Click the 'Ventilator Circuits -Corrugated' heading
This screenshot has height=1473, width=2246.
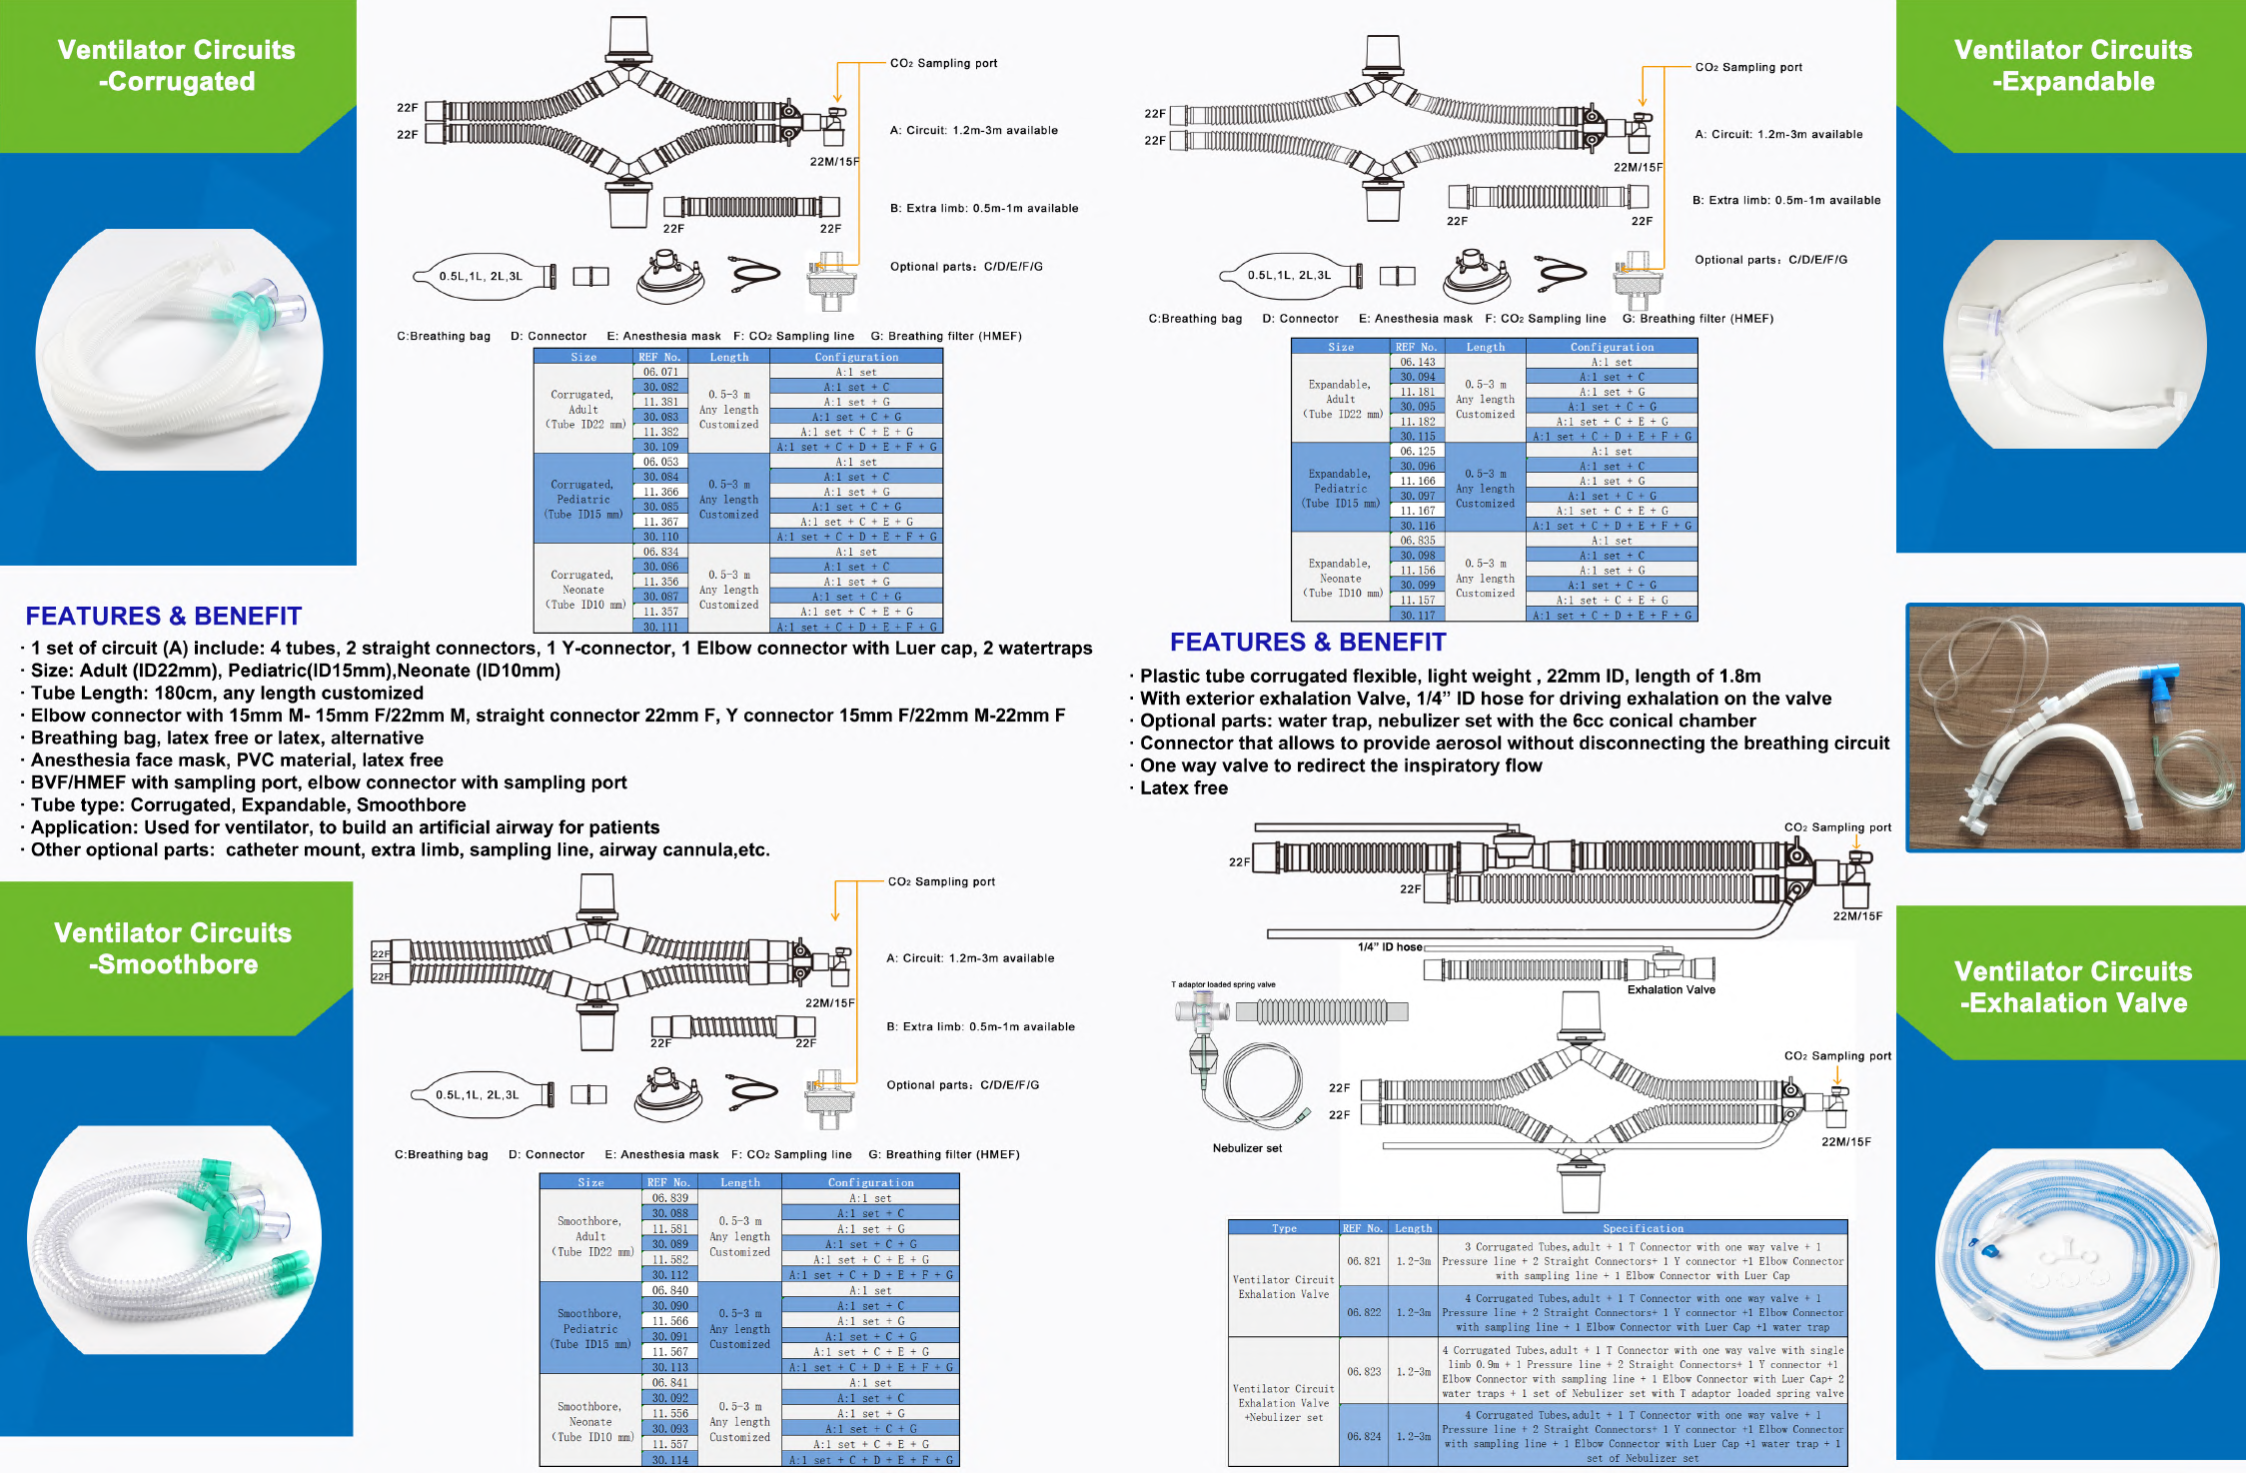177,66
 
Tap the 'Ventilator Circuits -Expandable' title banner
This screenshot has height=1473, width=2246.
2073,66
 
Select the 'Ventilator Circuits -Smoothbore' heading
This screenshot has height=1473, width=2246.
173,948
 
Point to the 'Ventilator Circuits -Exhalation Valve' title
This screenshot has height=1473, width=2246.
2073,987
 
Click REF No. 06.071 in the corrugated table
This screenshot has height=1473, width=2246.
660,372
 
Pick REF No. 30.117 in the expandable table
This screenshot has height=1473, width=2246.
1417,616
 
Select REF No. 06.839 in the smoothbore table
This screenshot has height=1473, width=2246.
669,1198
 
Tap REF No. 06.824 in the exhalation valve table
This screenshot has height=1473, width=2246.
1364,1436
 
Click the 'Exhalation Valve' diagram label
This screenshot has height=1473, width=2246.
1671,990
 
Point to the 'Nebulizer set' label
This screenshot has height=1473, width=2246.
1247,1148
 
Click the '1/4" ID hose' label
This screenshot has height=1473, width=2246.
1390,947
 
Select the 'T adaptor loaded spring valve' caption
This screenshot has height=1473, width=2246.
1223,984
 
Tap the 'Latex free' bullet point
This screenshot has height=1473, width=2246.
1183,788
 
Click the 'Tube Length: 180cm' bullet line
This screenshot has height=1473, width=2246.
227,694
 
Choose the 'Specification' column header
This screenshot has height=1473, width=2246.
1643,1228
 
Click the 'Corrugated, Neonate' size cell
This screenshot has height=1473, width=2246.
582,590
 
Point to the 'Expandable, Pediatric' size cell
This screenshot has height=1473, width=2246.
1340,489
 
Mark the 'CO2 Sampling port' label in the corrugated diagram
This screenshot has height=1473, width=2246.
943,63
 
